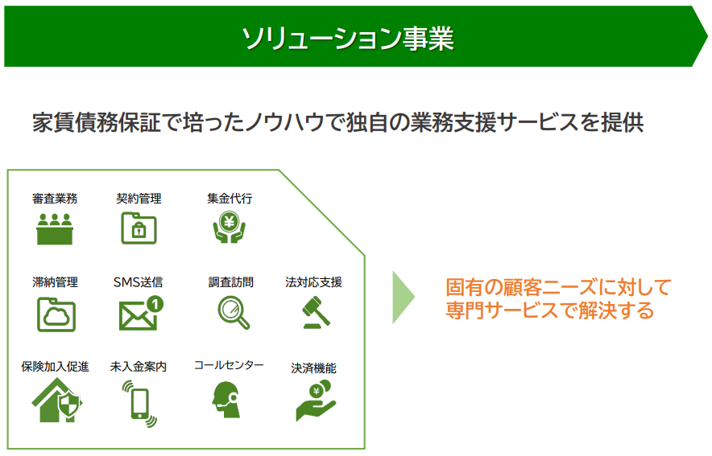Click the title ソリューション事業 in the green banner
coord(348,38)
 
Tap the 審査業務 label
coord(55,199)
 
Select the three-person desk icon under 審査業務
coord(55,229)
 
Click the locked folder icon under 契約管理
coord(139,228)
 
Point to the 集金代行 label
coord(230,199)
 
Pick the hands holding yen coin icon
coord(230,227)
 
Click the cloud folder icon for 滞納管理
coord(56,314)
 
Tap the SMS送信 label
coord(138,282)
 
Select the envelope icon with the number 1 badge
coord(141,313)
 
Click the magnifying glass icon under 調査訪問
coord(234,312)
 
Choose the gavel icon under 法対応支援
coord(316,312)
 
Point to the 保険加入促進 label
coord(55,366)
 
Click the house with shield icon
coord(56,401)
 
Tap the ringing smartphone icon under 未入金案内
coord(139,404)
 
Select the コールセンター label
coord(229,365)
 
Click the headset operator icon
coord(226,400)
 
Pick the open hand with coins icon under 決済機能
coord(316,401)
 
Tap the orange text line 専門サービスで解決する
coord(550,311)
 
